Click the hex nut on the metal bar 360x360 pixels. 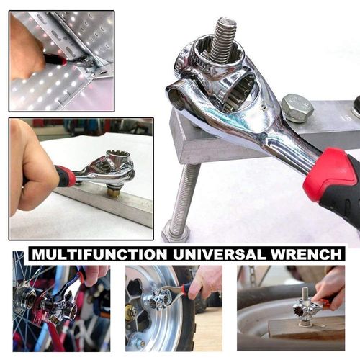pyautogui.click(x=297, y=107)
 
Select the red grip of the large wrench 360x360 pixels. pyautogui.click(x=330, y=176)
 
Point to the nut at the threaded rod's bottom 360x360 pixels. pyautogui.click(x=175, y=231)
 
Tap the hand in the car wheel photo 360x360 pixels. pyautogui.click(x=204, y=281)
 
